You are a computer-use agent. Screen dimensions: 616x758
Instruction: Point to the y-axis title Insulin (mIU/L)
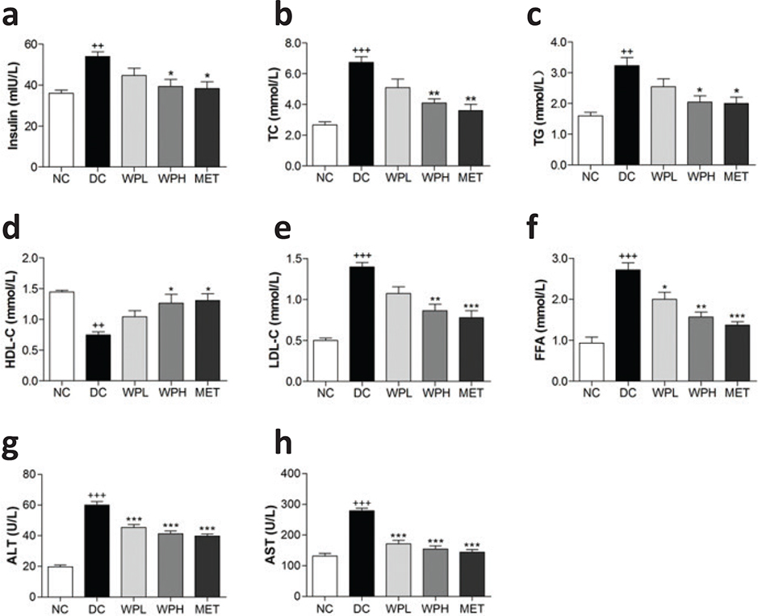[x=11, y=104]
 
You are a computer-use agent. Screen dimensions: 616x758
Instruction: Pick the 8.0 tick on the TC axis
[x=291, y=43]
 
